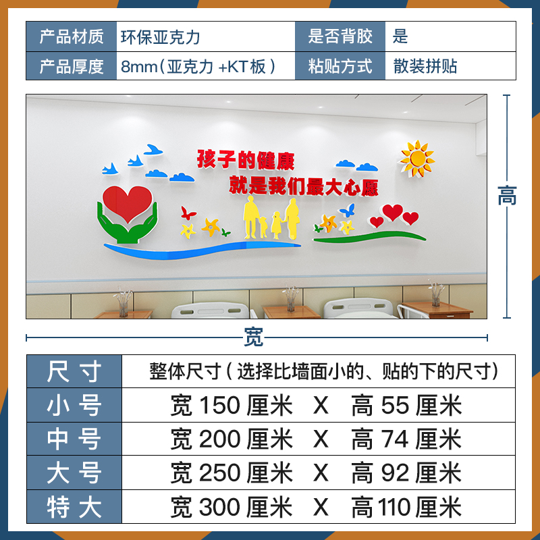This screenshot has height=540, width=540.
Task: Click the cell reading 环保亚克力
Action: (161, 36)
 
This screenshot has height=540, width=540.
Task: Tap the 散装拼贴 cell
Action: (425, 66)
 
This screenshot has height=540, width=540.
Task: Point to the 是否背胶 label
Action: (340, 36)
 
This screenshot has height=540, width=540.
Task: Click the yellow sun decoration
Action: (416, 158)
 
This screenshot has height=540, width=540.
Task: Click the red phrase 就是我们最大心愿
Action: (303, 185)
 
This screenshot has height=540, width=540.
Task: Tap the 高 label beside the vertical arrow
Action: (507, 196)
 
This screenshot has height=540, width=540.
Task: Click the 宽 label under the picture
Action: (254, 337)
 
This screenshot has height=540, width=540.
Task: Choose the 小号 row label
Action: (74, 405)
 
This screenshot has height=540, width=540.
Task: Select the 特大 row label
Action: (74, 506)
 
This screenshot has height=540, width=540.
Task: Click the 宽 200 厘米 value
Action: (232, 439)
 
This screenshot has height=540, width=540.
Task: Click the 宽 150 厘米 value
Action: (232, 405)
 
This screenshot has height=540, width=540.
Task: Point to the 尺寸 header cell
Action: (74, 371)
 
